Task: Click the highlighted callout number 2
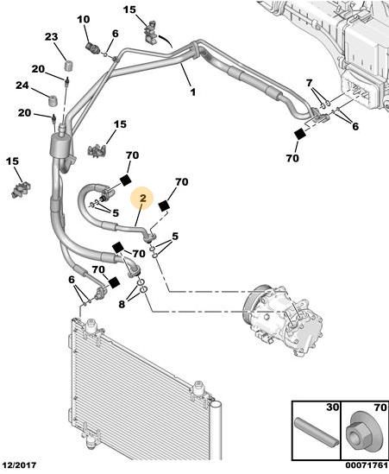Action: pos(142,199)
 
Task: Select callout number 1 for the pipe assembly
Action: pos(192,92)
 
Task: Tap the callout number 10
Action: pos(84,19)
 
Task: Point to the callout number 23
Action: pos(52,37)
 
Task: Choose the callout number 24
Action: pos(22,85)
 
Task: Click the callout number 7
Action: pos(309,83)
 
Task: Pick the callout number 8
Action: pos(122,304)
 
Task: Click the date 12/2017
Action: pos(19,465)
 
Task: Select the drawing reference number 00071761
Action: pos(367,465)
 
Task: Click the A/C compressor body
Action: pos(284,319)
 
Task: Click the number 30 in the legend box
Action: pos(332,408)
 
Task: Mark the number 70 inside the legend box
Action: pos(380,408)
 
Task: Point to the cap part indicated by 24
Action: pos(53,100)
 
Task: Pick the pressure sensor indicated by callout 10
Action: pos(91,47)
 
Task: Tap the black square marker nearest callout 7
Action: pos(300,134)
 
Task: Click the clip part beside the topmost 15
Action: pos(152,32)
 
